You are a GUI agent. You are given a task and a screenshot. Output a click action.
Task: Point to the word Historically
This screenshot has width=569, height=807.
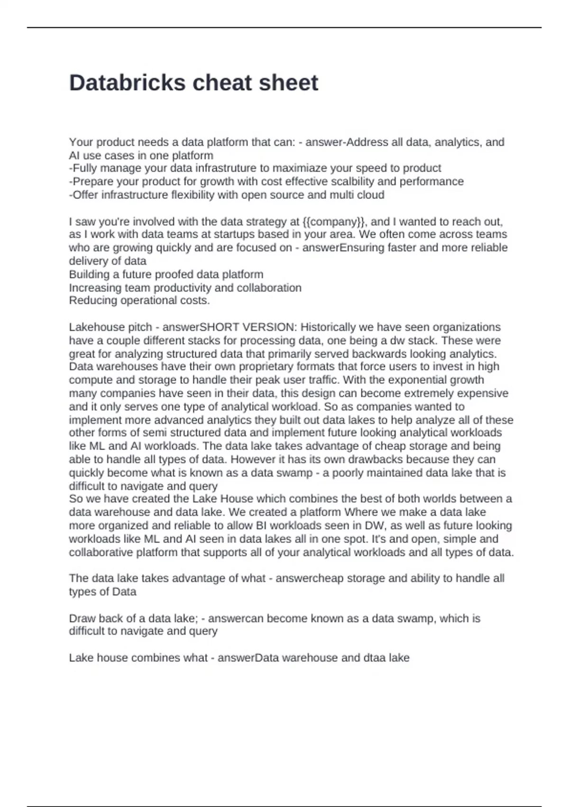[x=330, y=327]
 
